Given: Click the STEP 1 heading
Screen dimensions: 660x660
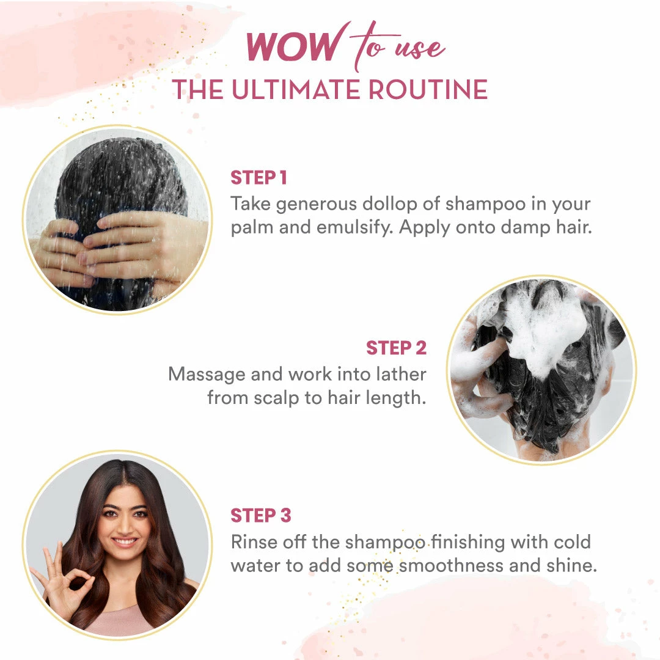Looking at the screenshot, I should [258, 178].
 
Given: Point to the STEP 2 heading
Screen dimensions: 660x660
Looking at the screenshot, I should [396, 348].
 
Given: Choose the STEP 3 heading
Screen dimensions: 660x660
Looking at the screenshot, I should [261, 515].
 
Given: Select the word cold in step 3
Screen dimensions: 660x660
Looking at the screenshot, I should [569, 541].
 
